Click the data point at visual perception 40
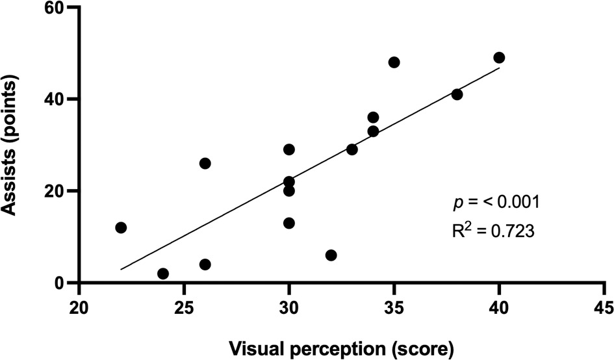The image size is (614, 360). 499,58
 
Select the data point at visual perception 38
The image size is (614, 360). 457,94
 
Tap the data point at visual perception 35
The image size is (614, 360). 394,62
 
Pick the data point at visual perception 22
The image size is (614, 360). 121,227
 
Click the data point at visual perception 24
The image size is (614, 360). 163,274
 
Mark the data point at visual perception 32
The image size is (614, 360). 331,255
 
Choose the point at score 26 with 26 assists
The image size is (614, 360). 205,163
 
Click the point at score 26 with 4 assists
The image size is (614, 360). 205,264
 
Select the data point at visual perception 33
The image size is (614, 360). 352,149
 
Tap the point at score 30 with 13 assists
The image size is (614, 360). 289,223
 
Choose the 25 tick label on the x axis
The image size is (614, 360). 184,305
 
